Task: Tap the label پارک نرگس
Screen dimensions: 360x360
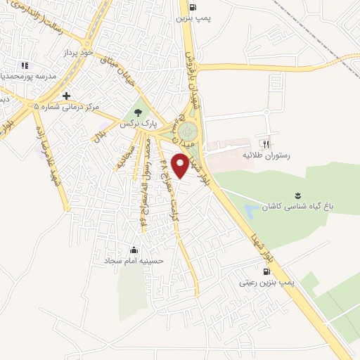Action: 137,123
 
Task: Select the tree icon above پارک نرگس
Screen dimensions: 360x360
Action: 137,110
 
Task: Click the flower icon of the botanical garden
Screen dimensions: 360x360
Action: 297,176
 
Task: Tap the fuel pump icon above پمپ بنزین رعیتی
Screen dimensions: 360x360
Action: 265,271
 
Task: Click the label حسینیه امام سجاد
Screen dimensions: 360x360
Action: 134,260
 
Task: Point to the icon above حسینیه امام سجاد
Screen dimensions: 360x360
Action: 134,249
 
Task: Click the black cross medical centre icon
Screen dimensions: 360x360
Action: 66,96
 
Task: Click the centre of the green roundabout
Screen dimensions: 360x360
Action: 188,132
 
